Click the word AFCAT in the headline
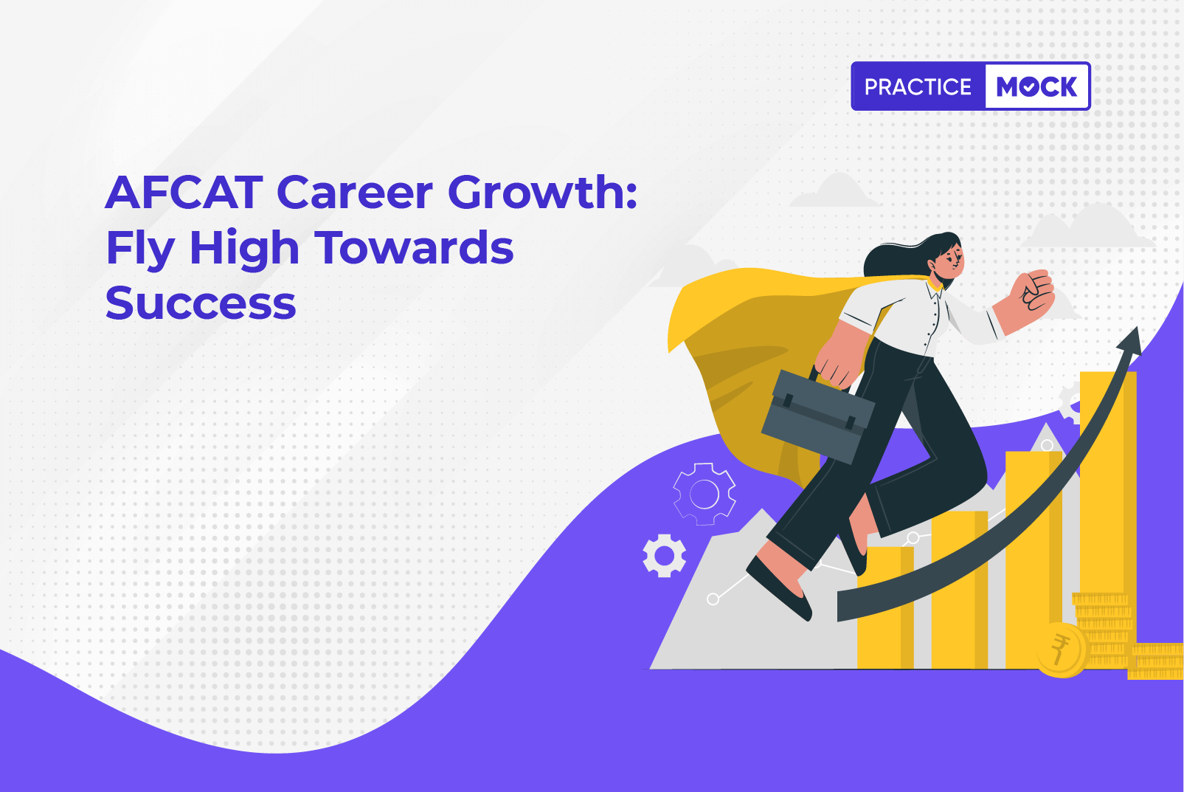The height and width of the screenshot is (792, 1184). pyautogui.click(x=184, y=192)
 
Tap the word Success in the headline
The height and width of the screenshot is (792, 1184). pyautogui.click(x=201, y=303)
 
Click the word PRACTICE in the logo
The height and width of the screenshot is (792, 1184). pyautogui.click(x=918, y=86)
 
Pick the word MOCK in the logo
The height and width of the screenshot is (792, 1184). pyautogui.click(x=1036, y=86)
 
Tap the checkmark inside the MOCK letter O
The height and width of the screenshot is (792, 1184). pyautogui.click(x=1029, y=87)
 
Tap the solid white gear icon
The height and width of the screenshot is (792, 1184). pyautogui.click(x=665, y=556)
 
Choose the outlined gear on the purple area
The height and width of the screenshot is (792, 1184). pyautogui.click(x=704, y=494)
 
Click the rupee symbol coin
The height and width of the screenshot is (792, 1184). pyautogui.click(x=1060, y=650)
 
